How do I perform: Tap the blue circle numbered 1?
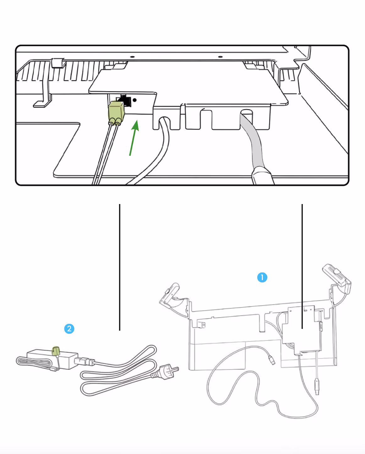pos(262,277)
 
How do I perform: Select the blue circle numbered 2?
pos(69,329)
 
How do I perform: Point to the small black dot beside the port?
pos(135,100)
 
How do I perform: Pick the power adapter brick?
pos(52,359)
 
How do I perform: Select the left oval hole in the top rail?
pos(132,57)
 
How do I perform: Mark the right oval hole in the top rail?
pos(220,57)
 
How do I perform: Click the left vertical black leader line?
pos(120,267)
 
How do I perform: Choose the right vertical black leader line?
pos(302,266)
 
